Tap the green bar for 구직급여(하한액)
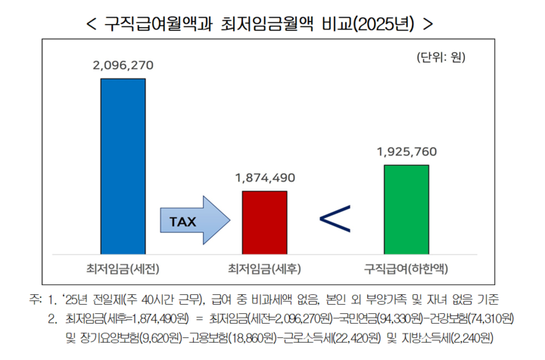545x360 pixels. pos(406,209)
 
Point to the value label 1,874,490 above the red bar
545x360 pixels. pos(264,178)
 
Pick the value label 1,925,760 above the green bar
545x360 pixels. pos(406,151)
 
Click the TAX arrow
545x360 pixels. pos(192,222)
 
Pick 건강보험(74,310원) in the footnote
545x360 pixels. pos(466,317)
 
